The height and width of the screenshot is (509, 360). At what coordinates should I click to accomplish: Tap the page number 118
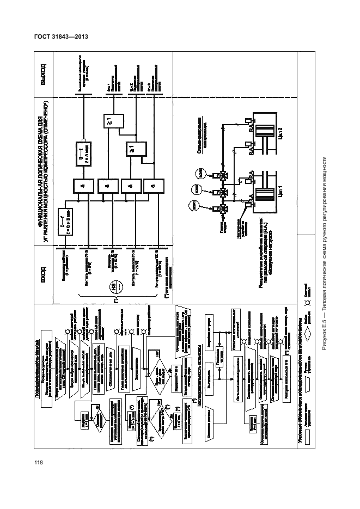pyautogui.click(x=39, y=463)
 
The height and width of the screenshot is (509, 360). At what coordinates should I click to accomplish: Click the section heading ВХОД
pyautogui.click(x=43, y=269)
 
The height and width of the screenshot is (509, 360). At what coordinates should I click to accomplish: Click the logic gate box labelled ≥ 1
pyautogui.click(x=133, y=149)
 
